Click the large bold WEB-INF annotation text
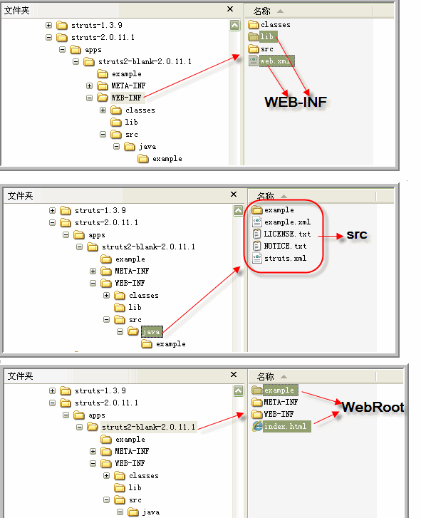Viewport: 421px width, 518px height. (x=296, y=102)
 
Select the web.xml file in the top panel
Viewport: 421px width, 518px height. (x=271, y=61)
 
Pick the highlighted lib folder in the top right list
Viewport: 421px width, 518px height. (x=263, y=36)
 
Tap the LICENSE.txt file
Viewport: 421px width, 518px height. (x=281, y=234)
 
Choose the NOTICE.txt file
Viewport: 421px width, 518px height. (x=280, y=246)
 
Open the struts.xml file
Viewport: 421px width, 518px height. (x=279, y=259)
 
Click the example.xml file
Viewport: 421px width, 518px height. (x=281, y=222)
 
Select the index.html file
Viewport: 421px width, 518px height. (x=281, y=426)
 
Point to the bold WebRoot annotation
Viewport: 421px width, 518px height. (x=373, y=407)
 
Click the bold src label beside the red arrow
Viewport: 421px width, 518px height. (x=357, y=234)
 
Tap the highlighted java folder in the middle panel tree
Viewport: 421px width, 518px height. (x=146, y=331)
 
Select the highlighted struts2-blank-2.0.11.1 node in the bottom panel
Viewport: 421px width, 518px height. (x=142, y=427)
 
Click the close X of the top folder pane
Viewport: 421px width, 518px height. (x=230, y=9)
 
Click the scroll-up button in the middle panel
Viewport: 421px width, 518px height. (x=238, y=210)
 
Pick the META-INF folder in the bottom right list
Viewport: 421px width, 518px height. (x=275, y=402)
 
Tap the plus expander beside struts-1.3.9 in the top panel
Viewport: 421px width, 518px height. (x=48, y=25)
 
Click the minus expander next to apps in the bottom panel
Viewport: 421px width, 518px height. (x=66, y=415)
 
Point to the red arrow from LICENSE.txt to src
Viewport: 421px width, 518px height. (x=331, y=236)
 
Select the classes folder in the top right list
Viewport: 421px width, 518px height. (x=269, y=24)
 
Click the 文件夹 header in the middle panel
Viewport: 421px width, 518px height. (x=20, y=196)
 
